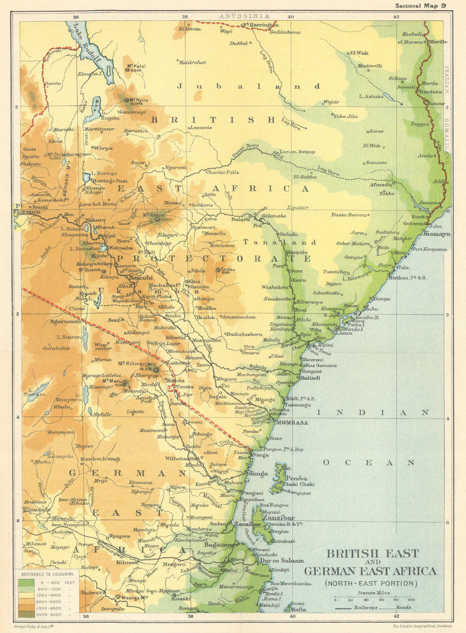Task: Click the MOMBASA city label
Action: point(292,423)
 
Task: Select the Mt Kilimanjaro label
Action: point(136,364)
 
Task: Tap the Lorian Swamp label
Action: point(297,151)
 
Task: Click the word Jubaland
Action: point(249,86)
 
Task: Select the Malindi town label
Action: point(308,378)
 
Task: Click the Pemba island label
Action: point(297,478)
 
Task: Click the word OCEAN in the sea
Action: point(369,463)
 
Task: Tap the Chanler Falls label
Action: point(222,172)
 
